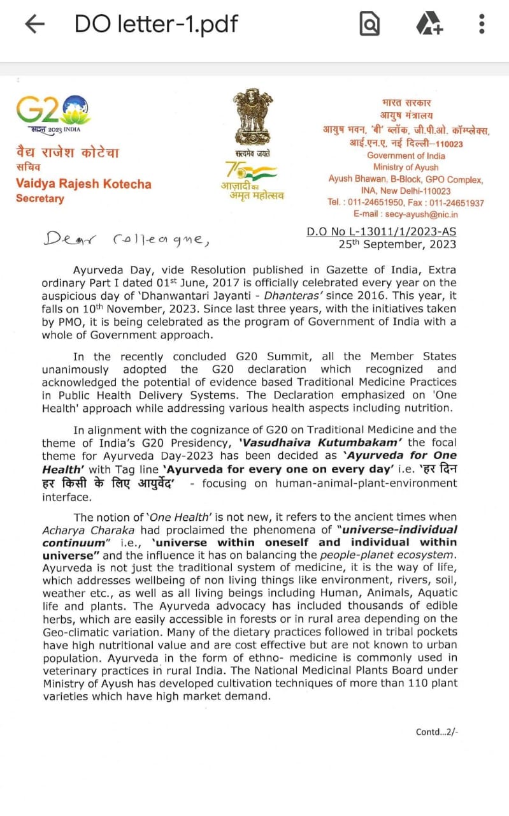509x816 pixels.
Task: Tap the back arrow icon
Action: (34, 24)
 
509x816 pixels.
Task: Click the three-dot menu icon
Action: (482, 24)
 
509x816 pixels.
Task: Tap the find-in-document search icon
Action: (369, 24)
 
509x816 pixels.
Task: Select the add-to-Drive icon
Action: (429, 24)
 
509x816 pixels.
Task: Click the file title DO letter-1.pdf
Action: (156, 24)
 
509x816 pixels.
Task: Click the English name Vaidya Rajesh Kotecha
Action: (83, 184)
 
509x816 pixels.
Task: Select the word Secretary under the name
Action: (40, 198)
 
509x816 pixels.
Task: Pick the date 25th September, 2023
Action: (397, 244)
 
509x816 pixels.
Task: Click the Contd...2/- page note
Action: (436, 732)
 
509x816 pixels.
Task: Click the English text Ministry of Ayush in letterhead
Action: (406, 168)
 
